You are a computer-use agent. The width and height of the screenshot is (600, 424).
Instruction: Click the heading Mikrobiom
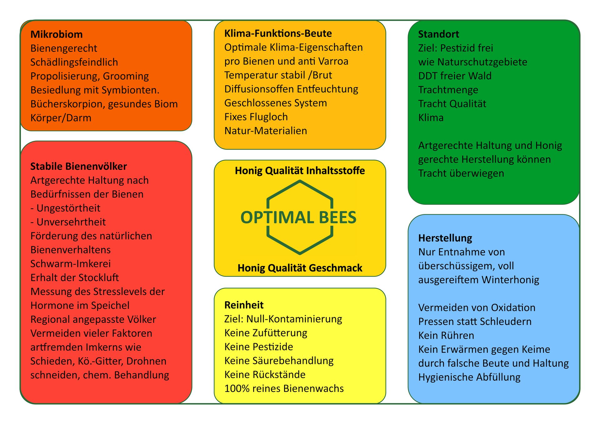57,34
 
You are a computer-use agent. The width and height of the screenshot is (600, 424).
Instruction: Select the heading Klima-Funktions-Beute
278,33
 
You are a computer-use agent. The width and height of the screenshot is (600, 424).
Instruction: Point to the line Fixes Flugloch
256,117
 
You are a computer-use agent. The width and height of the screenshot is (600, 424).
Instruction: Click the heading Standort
439,34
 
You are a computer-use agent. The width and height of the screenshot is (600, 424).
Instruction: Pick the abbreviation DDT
427,76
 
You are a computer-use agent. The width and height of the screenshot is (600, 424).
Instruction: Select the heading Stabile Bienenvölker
79,166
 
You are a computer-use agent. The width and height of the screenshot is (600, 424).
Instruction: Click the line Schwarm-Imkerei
71,264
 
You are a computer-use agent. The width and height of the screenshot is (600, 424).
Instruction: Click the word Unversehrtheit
71,222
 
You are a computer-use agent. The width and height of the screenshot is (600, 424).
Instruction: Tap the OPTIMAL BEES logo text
298,217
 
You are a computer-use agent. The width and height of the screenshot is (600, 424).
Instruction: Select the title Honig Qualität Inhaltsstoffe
300,171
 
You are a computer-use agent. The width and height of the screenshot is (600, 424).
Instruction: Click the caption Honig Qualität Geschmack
300,268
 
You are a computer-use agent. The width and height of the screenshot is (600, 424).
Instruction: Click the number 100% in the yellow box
237,389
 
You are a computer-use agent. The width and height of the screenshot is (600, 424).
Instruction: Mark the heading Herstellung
445,238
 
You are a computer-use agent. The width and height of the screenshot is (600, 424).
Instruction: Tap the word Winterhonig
508,280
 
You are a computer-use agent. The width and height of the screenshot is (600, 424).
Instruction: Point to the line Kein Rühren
446,336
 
